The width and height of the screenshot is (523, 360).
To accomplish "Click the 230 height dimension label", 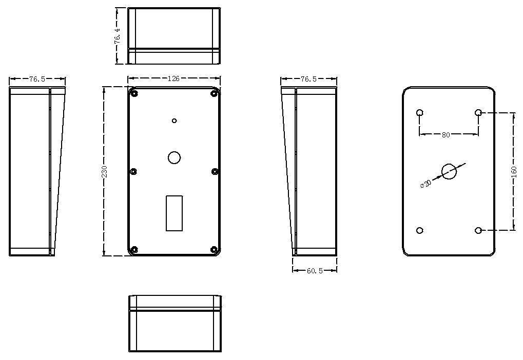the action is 104,171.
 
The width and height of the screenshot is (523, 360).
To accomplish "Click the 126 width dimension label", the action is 173,78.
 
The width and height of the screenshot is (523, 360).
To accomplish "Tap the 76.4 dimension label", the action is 118,36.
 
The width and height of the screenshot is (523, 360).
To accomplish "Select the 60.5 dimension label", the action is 315,271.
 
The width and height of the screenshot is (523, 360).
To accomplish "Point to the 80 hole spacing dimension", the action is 445,135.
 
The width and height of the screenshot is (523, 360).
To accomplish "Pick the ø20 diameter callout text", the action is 425,184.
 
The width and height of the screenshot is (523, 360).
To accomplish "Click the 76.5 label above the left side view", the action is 37,79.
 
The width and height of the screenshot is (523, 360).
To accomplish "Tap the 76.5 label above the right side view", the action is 308,79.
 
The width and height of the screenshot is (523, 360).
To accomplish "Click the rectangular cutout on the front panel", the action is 174,213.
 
